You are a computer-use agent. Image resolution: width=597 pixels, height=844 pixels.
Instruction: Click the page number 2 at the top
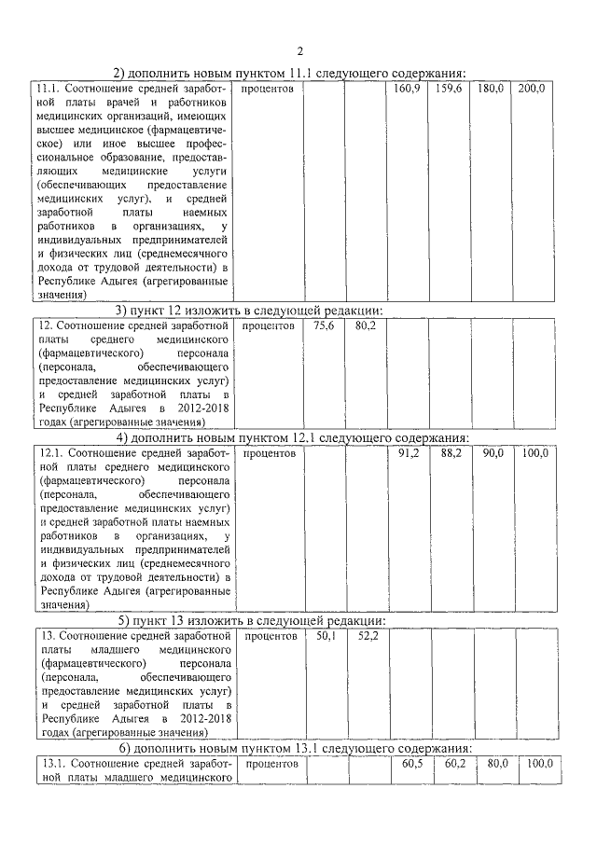299,50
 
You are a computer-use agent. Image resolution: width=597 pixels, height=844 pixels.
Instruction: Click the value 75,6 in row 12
324,326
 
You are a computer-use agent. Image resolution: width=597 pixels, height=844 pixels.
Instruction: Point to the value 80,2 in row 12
365,326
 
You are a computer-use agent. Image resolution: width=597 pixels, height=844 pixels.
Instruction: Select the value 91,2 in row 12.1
408,453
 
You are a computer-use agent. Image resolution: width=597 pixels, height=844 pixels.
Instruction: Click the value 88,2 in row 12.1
450,453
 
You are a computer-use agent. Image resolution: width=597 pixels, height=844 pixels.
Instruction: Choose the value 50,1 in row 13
325,636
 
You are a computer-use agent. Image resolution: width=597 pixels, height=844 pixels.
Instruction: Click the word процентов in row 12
269,326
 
